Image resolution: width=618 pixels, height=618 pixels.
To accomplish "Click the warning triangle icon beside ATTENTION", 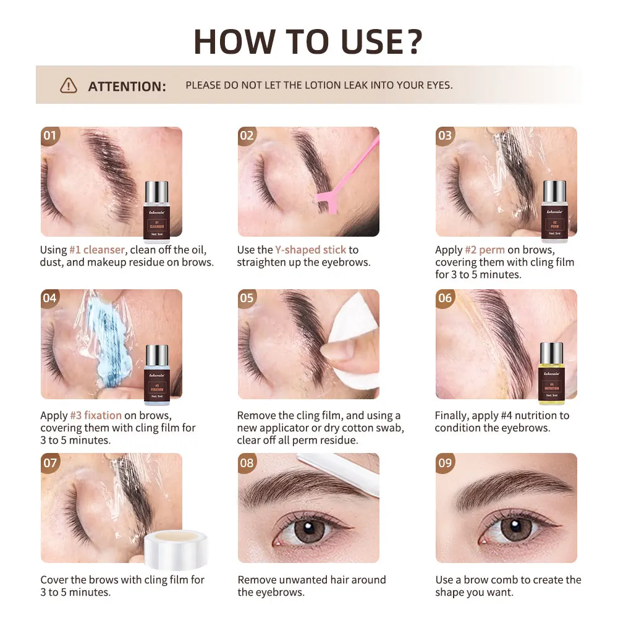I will tap(69, 85).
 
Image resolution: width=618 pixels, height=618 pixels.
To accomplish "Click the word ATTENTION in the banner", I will tap(127, 86).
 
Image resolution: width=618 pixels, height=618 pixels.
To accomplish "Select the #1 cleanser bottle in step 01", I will tap(156, 211).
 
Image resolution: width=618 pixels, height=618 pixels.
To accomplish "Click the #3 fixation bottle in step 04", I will tap(156, 374).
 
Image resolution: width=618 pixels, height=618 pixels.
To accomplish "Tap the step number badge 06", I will tap(445, 298).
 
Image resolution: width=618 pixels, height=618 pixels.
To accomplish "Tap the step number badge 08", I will tap(247, 463).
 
